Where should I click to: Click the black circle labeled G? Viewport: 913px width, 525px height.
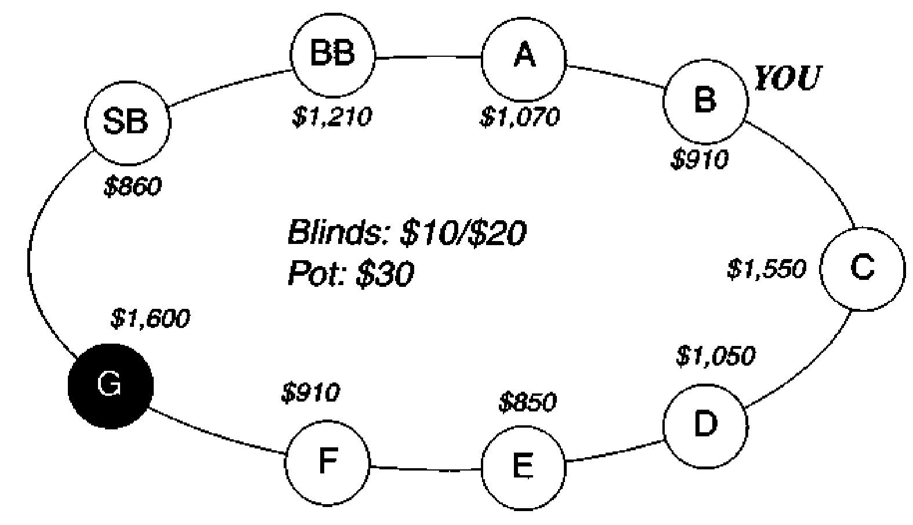point(110,386)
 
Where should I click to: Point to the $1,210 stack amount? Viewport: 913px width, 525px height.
point(332,117)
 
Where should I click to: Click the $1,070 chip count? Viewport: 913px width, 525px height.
point(520,117)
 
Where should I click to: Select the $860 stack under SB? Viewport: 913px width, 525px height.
point(133,187)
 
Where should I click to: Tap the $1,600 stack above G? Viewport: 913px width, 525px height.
point(150,318)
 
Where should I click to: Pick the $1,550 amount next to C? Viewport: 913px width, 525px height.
point(767,269)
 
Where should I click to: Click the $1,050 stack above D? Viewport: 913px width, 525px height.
point(716,356)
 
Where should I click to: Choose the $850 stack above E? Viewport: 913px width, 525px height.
point(528,402)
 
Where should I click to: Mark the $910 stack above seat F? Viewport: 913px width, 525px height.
point(310,393)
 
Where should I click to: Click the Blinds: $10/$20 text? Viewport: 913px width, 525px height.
point(407,233)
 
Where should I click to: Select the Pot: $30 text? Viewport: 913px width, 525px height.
point(351,274)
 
